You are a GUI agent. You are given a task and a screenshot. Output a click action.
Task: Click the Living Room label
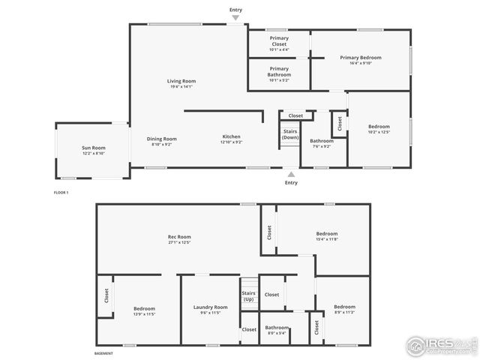coord(181,81)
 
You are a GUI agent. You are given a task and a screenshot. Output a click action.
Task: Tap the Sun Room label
coord(94,148)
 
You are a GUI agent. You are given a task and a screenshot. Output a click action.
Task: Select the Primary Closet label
coord(279,40)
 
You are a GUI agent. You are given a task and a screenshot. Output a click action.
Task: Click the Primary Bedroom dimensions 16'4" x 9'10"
coord(360,63)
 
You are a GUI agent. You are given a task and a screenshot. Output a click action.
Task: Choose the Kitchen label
coord(231,136)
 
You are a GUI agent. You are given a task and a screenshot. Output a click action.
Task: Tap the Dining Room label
coord(161,139)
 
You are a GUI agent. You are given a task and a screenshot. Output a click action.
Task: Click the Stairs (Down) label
coord(290,135)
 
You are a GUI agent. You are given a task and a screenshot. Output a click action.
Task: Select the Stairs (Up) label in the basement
coord(249,296)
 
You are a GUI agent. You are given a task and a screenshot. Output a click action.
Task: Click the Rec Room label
coord(178,237)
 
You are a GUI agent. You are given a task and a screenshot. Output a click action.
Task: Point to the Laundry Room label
coord(210,307)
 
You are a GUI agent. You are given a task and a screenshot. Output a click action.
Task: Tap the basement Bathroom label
coord(277,327)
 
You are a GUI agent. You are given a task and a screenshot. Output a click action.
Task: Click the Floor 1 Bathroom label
coord(322,141)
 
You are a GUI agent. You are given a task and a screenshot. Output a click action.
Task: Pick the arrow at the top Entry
coord(236,19)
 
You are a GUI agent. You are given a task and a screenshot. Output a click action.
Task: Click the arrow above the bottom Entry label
coord(291,174)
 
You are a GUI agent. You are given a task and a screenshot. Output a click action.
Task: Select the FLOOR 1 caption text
coord(61,193)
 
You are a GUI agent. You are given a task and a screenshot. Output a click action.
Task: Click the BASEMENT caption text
coord(103,353)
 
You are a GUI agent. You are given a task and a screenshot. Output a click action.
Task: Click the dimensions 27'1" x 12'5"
coord(178,242)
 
